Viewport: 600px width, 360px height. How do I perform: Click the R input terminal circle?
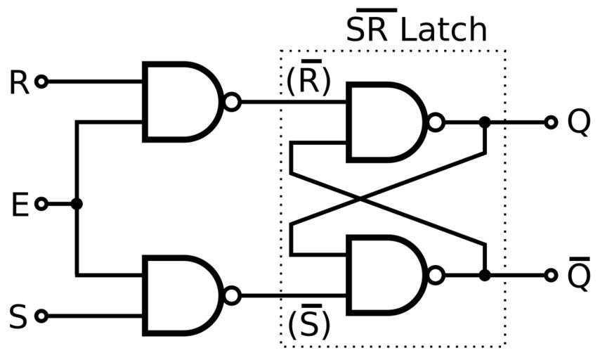[41, 82]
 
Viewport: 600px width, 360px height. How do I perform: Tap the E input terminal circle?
[41, 204]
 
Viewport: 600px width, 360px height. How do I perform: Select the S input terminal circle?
[41, 316]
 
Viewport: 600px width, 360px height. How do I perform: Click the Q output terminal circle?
[551, 122]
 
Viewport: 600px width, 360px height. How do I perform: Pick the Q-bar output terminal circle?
[551, 275]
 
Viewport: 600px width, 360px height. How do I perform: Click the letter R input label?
[19, 83]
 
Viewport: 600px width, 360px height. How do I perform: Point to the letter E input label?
[20, 205]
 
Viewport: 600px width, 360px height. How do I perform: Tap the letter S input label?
[18, 316]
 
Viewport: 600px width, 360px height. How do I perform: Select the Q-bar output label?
[578, 274]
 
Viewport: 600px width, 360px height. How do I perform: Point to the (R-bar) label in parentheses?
[308, 81]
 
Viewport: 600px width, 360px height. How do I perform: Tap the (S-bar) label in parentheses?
[308, 324]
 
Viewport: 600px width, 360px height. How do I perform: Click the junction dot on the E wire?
[77, 204]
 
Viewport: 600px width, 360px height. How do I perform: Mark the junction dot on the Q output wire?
[484, 122]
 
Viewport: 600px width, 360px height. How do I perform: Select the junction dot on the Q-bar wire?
[484, 275]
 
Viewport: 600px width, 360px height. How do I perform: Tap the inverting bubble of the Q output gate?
[436, 122]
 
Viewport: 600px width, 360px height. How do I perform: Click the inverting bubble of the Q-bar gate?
[436, 275]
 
